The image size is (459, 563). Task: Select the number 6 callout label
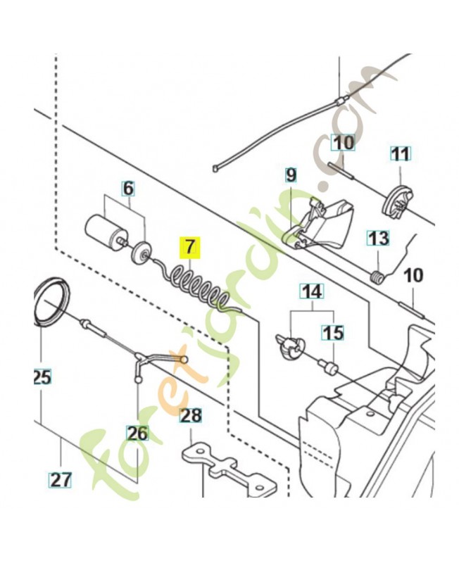(127, 189)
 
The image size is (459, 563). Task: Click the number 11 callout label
(400, 153)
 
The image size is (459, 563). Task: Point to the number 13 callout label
(378, 238)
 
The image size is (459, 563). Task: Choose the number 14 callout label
(310, 290)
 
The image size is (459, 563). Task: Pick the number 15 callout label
(333, 331)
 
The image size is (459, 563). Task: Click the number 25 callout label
(42, 377)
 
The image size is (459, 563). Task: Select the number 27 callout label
(61, 480)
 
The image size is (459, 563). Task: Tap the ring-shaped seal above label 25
(51, 301)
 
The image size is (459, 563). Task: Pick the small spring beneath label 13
(379, 277)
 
